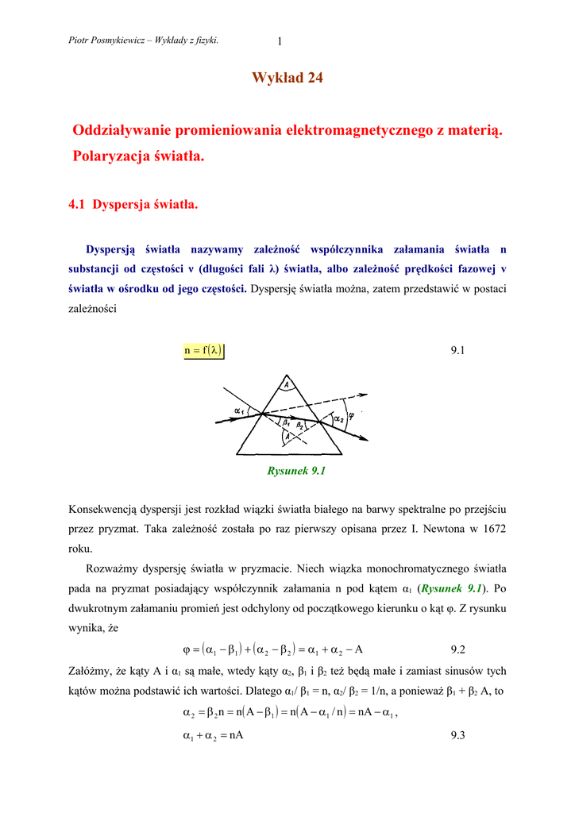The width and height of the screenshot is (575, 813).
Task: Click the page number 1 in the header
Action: [280, 42]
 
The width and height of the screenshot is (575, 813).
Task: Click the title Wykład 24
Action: [287, 78]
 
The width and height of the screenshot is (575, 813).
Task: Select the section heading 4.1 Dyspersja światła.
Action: [133, 204]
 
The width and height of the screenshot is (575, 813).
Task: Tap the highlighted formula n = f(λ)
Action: [204, 350]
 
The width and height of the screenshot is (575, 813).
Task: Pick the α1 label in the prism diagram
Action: [239, 410]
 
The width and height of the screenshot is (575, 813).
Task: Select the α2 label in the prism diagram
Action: [339, 418]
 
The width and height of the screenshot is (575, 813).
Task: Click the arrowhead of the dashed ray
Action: [364, 394]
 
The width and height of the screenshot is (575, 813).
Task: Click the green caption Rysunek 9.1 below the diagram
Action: [298, 471]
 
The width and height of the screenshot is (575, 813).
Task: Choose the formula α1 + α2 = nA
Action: [213, 736]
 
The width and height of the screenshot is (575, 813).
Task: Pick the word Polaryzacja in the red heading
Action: [106, 157]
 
